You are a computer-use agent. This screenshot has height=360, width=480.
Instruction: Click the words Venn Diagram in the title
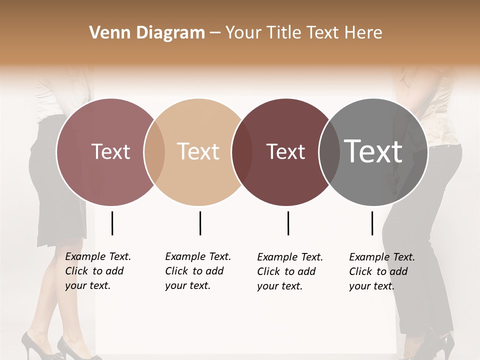pyautogui.click(x=147, y=33)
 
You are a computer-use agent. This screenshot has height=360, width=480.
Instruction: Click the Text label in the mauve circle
pyautogui.click(x=110, y=152)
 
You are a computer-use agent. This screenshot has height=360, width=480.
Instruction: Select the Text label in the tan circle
pyautogui.click(x=198, y=152)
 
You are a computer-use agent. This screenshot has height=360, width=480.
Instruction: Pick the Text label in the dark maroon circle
pyautogui.click(x=285, y=152)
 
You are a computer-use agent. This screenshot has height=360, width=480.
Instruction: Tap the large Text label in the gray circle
pyautogui.click(x=373, y=151)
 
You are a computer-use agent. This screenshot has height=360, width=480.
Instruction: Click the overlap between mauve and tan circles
pyautogui.click(x=154, y=152)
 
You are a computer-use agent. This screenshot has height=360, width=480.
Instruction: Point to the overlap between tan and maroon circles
pyautogui.click(x=242, y=152)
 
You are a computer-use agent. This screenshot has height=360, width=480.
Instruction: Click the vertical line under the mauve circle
pyautogui.click(x=112, y=223)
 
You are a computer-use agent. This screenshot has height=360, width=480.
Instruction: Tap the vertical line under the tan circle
pyautogui.click(x=200, y=223)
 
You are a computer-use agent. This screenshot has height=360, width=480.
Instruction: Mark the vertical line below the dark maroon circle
pyautogui.click(x=288, y=223)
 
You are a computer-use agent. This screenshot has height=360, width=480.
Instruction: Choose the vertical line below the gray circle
pyautogui.click(x=372, y=223)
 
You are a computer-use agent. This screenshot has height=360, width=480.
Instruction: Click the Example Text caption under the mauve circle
pyautogui.click(x=97, y=271)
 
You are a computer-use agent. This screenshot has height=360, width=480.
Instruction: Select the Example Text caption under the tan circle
pyautogui.click(x=197, y=271)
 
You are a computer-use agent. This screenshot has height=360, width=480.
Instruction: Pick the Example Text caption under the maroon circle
pyautogui.click(x=289, y=271)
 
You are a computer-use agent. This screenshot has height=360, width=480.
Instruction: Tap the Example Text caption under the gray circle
pyautogui.click(x=381, y=271)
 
